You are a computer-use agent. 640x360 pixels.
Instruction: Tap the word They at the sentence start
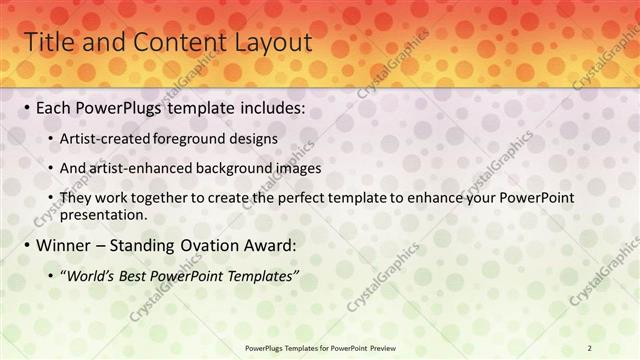pos(76,198)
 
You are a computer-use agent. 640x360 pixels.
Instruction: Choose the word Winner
pos(65,245)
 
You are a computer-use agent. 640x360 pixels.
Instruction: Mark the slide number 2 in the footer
pos(590,347)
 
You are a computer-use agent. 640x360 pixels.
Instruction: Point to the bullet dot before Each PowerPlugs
pos(26,107)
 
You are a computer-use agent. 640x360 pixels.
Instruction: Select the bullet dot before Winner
pos(26,245)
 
